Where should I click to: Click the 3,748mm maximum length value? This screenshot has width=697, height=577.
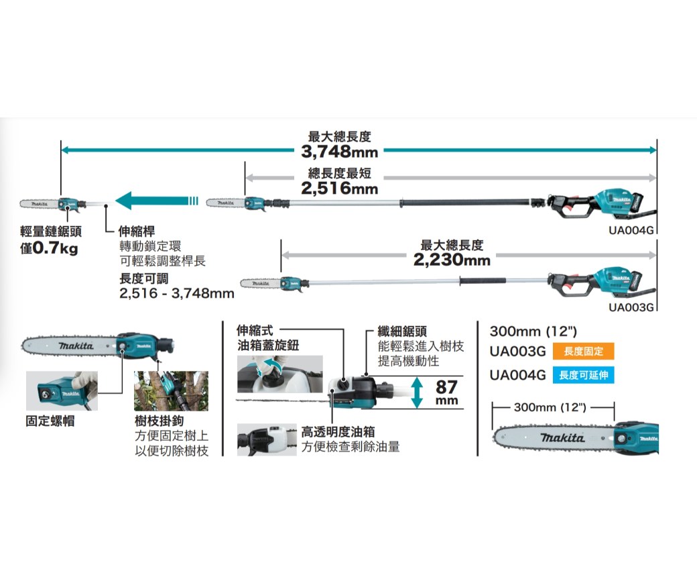tap(340, 152)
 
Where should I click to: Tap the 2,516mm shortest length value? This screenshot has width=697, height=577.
tap(340, 189)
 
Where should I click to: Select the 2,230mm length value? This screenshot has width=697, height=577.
tap(452, 260)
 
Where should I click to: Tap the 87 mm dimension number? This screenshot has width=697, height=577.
tap(446, 387)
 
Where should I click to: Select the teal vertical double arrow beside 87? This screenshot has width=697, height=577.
tap(418, 392)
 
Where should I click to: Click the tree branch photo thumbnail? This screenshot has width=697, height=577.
tap(171, 390)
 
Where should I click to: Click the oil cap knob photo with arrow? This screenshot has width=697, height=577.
tap(280, 374)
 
